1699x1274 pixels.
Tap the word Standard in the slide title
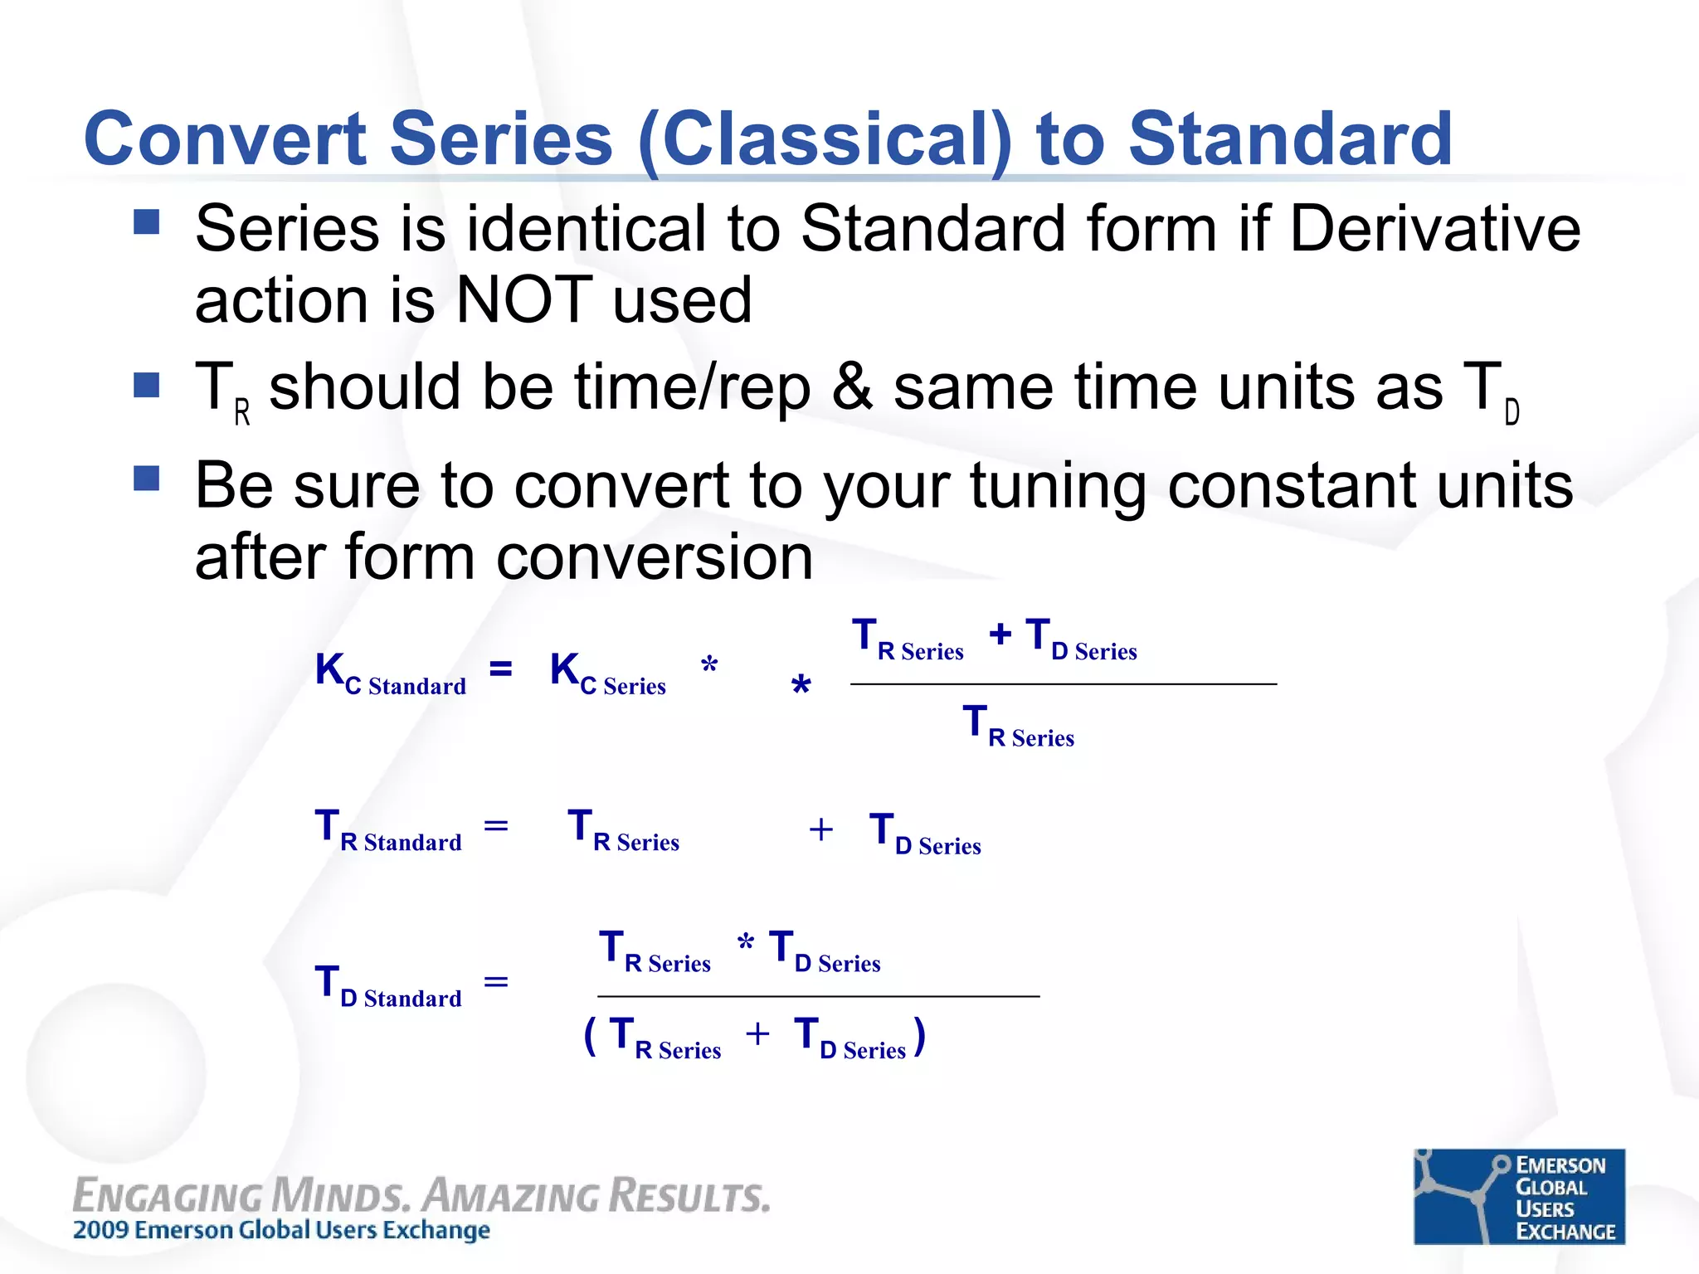[1290, 139]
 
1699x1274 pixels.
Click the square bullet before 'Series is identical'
[147, 222]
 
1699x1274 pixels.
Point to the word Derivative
[1435, 229]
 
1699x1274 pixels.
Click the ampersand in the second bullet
[852, 387]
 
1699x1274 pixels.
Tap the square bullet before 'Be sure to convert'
[147, 479]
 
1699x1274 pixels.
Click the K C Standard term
[390, 673]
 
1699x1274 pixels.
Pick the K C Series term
[607, 673]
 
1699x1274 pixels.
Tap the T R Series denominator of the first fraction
[1018, 726]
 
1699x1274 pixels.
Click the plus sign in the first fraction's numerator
[1000, 635]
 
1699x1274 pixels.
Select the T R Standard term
[388, 830]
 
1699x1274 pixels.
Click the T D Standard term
[388, 986]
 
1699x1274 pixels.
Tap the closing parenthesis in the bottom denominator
[919, 1037]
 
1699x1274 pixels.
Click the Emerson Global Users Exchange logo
[1519, 1196]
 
